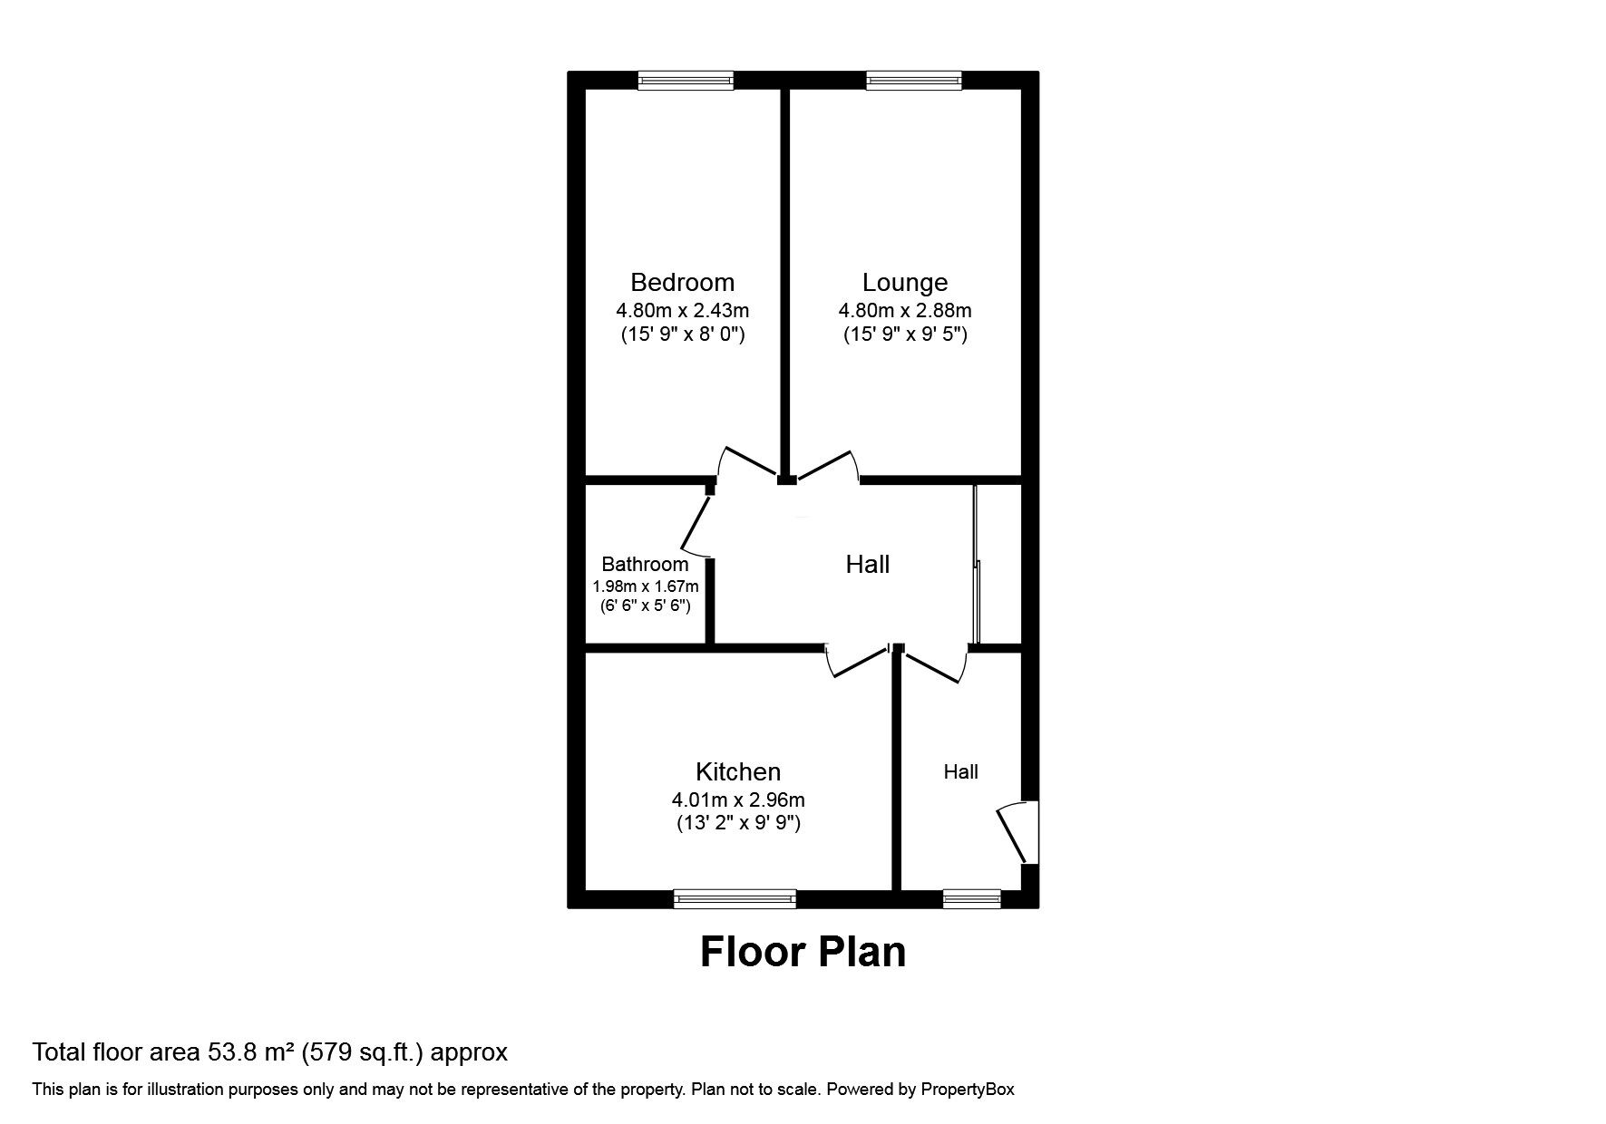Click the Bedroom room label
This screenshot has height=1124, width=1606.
pyautogui.click(x=682, y=282)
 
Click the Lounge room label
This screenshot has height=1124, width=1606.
pyautogui.click(x=904, y=282)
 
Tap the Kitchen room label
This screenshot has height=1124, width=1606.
pyautogui.click(x=737, y=771)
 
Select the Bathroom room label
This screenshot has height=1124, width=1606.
pyautogui.click(x=645, y=564)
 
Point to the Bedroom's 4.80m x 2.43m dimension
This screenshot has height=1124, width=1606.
pyautogui.click(x=682, y=310)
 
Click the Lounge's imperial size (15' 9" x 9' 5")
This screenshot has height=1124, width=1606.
pyautogui.click(x=904, y=334)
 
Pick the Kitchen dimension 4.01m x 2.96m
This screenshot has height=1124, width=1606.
pyautogui.click(x=737, y=799)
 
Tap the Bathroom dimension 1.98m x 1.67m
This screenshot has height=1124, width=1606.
pyautogui.click(x=645, y=586)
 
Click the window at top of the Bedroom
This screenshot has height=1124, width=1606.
pyautogui.click(x=686, y=81)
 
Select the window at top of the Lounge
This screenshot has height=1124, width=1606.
pyautogui.click(x=913, y=81)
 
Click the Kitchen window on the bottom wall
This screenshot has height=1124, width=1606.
pyautogui.click(x=735, y=898)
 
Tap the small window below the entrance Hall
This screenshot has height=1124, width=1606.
pyautogui.click(x=971, y=898)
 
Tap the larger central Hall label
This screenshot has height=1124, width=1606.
pyautogui.click(x=867, y=565)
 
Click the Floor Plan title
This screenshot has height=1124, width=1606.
pyautogui.click(x=803, y=952)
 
